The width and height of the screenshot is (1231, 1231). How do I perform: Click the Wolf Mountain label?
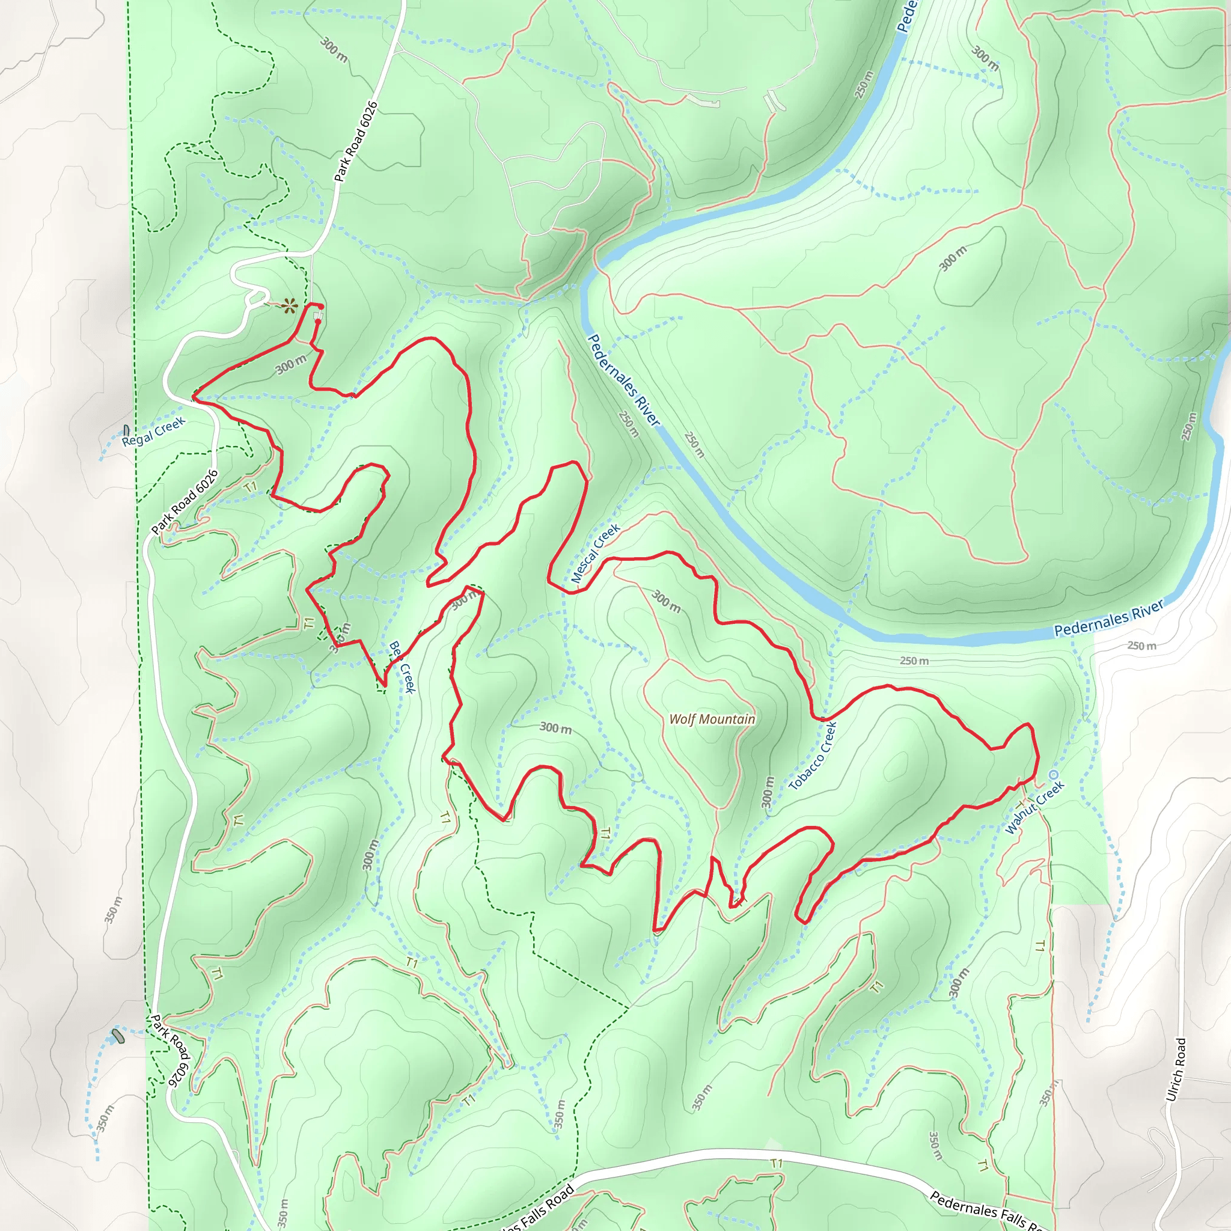point(712,719)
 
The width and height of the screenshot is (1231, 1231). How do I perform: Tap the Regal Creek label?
point(153,432)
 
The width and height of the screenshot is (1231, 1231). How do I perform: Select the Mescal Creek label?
point(595,554)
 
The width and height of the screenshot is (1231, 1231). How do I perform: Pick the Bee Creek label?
point(402,667)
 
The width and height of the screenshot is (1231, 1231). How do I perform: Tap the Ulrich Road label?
point(1176,1070)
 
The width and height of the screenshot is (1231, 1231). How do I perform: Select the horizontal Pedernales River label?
point(1108,617)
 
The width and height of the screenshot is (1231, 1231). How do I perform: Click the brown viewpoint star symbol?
point(290,306)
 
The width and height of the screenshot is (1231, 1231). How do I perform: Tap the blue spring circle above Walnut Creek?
point(1053,774)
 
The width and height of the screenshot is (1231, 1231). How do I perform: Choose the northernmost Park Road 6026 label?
point(356,141)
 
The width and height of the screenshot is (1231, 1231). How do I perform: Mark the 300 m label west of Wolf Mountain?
point(555,728)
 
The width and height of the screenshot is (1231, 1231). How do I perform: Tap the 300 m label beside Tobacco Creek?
point(768,792)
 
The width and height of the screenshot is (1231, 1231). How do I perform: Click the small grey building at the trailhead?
point(318,316)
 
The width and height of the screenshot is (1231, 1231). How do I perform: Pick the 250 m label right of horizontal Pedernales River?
point(1141,646)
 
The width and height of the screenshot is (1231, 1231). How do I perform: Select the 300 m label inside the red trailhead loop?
point(291,364)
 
